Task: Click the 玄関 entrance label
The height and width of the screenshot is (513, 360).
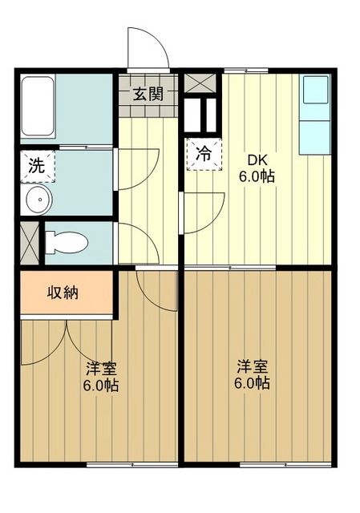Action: [148, 94]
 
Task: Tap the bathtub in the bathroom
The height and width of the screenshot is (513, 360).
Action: [38, 107]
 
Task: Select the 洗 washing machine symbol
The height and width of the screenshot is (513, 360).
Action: [37, 167]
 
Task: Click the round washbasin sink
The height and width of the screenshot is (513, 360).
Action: [35, 201]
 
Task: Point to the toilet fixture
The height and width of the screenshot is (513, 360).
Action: [66, 241]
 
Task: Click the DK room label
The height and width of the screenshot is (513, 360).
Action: [256, 159]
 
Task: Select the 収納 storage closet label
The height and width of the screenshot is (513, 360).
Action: [62, 293]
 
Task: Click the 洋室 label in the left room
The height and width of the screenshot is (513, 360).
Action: [103, 369]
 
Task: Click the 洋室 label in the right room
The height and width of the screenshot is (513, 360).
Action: [252, 366]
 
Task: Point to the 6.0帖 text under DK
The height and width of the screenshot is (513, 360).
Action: [257, 176]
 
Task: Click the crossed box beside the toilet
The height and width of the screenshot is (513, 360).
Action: [29, 241]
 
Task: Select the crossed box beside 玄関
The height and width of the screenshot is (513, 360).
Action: [194, 82]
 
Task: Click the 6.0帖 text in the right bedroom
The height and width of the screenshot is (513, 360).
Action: [252, 383]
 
